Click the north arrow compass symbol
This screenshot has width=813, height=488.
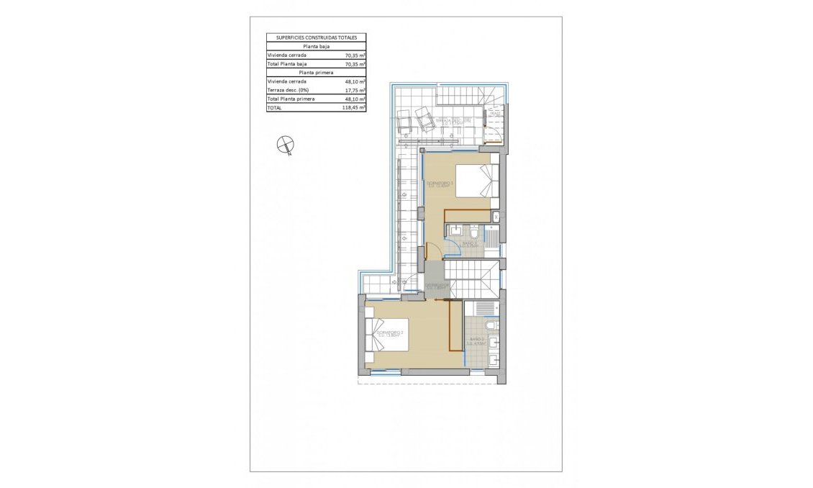[286, 145]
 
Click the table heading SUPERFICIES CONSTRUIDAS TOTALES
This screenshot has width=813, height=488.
[316, 37]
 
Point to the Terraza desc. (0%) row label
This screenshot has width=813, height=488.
[289, 90]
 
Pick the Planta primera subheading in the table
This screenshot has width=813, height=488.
[316, 73]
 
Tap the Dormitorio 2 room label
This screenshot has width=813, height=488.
[389, 333]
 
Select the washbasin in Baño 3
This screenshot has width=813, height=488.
[456, 231]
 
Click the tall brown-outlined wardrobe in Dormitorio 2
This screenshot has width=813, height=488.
[455, 325]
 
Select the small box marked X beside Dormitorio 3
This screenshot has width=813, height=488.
[496, 215]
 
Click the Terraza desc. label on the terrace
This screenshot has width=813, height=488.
[458, 122]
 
